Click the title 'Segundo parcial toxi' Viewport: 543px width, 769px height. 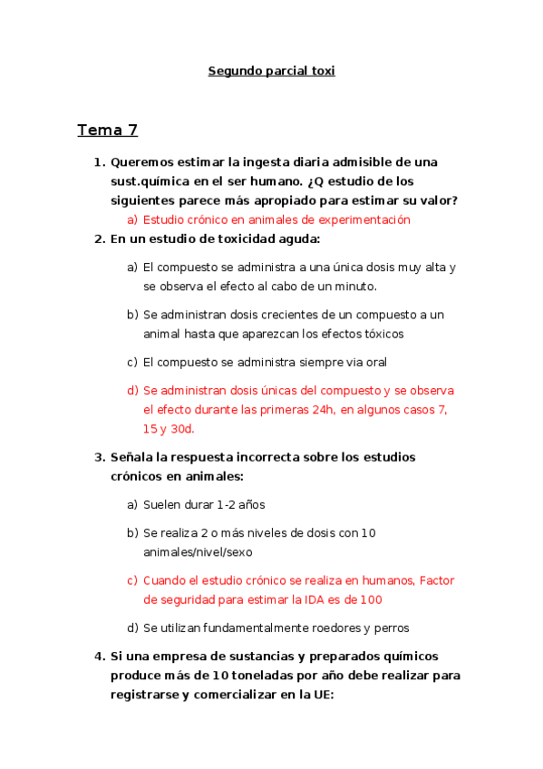272,71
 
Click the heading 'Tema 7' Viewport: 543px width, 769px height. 107,130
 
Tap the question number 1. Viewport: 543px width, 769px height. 99,162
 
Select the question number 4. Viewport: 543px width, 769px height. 99,657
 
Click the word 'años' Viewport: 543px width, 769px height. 250,504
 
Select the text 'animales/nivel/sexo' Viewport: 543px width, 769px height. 198,551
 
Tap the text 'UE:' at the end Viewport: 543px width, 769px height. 321,695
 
